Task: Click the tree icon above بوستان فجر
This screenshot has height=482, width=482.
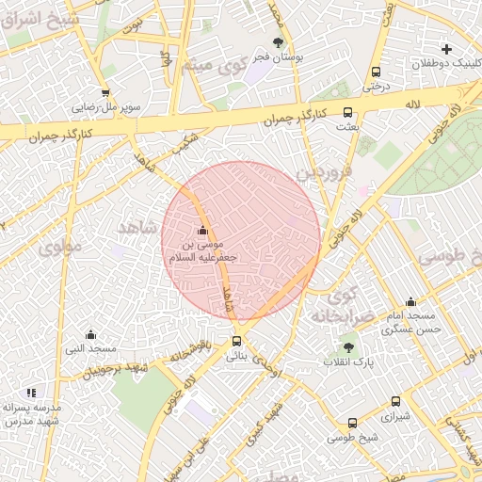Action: (278, 42)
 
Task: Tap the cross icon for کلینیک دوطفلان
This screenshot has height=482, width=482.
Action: (446, 49)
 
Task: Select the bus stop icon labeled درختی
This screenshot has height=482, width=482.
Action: (377, 72)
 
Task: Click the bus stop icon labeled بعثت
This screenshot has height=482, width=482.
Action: (348, 111)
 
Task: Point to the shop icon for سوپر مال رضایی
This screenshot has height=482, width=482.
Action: (104, 92)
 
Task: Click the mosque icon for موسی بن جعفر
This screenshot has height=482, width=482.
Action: (202, 231)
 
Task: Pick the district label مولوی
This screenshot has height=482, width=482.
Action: (61, 246)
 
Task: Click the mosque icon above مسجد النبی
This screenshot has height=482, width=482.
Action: (90, 334)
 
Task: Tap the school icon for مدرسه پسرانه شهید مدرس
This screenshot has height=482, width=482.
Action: (31, 392)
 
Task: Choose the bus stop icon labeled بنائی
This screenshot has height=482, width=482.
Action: (236, 342)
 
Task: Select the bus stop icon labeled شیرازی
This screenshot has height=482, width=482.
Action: (395, 401)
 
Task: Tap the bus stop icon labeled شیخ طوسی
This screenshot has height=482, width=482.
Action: (352, 423)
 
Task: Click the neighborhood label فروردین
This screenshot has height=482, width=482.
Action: (324, 173)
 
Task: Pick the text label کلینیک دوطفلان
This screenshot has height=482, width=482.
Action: (446, 65)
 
